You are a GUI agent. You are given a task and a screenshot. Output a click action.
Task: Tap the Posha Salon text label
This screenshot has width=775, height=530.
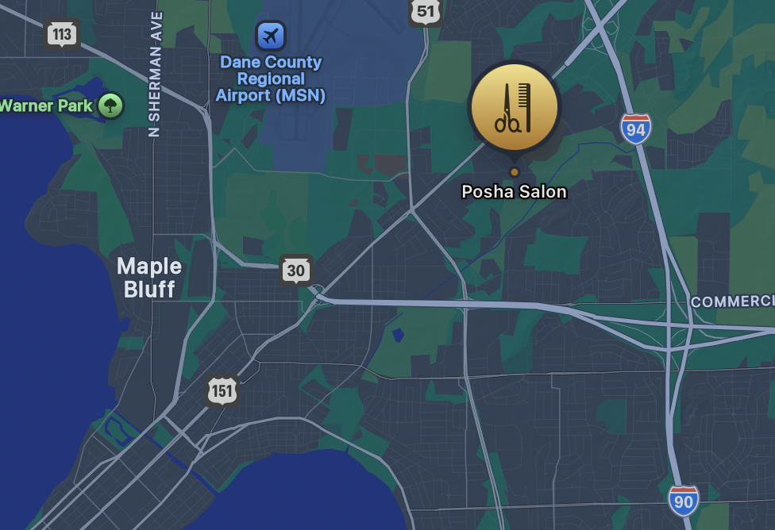point(515,191)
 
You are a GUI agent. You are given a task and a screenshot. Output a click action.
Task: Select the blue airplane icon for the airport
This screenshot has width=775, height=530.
point(271,35)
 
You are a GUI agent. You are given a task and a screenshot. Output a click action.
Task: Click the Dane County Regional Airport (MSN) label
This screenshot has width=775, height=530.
point(271,79)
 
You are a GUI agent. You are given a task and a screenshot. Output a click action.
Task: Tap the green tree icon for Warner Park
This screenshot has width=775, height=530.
point(111,105)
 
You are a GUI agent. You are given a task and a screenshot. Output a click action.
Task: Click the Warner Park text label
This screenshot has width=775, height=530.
point(46,105)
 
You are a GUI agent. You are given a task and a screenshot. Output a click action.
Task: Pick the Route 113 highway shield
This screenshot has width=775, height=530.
point(61,34)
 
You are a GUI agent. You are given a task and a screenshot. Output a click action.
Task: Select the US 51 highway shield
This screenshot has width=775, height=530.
point(426,12)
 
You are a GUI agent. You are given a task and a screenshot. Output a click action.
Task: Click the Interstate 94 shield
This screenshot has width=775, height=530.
point(636,129)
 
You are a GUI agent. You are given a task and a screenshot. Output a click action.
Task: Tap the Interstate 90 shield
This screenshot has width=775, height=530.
point(683,500)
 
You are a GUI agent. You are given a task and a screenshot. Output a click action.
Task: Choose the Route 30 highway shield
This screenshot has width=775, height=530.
point(295,271)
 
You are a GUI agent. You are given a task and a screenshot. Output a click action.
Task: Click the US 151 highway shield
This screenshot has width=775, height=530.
point(222,390)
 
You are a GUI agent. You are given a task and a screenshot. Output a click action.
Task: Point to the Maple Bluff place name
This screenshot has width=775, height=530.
point(149,277)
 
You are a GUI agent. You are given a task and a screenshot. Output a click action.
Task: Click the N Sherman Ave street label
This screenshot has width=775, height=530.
point(156,74)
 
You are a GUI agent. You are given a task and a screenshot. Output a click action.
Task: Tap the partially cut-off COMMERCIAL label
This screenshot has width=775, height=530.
point(732,301)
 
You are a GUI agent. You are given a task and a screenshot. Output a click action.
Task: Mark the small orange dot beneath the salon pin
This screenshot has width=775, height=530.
point(515,171)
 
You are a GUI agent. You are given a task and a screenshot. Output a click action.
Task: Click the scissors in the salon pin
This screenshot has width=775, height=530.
point(507,109)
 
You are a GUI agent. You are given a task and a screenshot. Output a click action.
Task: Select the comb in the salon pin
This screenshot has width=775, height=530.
point(524,107)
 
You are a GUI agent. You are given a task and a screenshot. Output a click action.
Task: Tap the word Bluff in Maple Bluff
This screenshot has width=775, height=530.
point(149,289)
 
